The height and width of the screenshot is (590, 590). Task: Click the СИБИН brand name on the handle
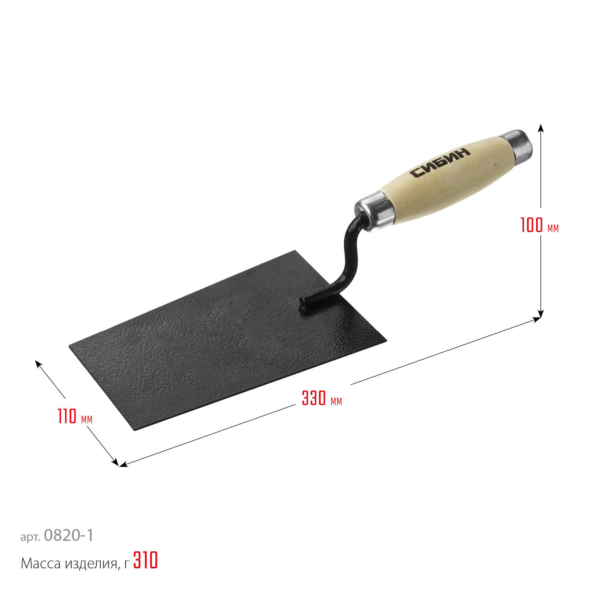click(440, 162)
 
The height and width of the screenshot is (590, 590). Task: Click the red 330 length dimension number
click(314, 398)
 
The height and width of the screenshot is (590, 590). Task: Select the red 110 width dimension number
click(67, 417)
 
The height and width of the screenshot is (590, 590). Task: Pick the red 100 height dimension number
click(531, 225)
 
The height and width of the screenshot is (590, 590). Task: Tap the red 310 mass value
click(146, 560)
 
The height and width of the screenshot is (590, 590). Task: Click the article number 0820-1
click(69, 535)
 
